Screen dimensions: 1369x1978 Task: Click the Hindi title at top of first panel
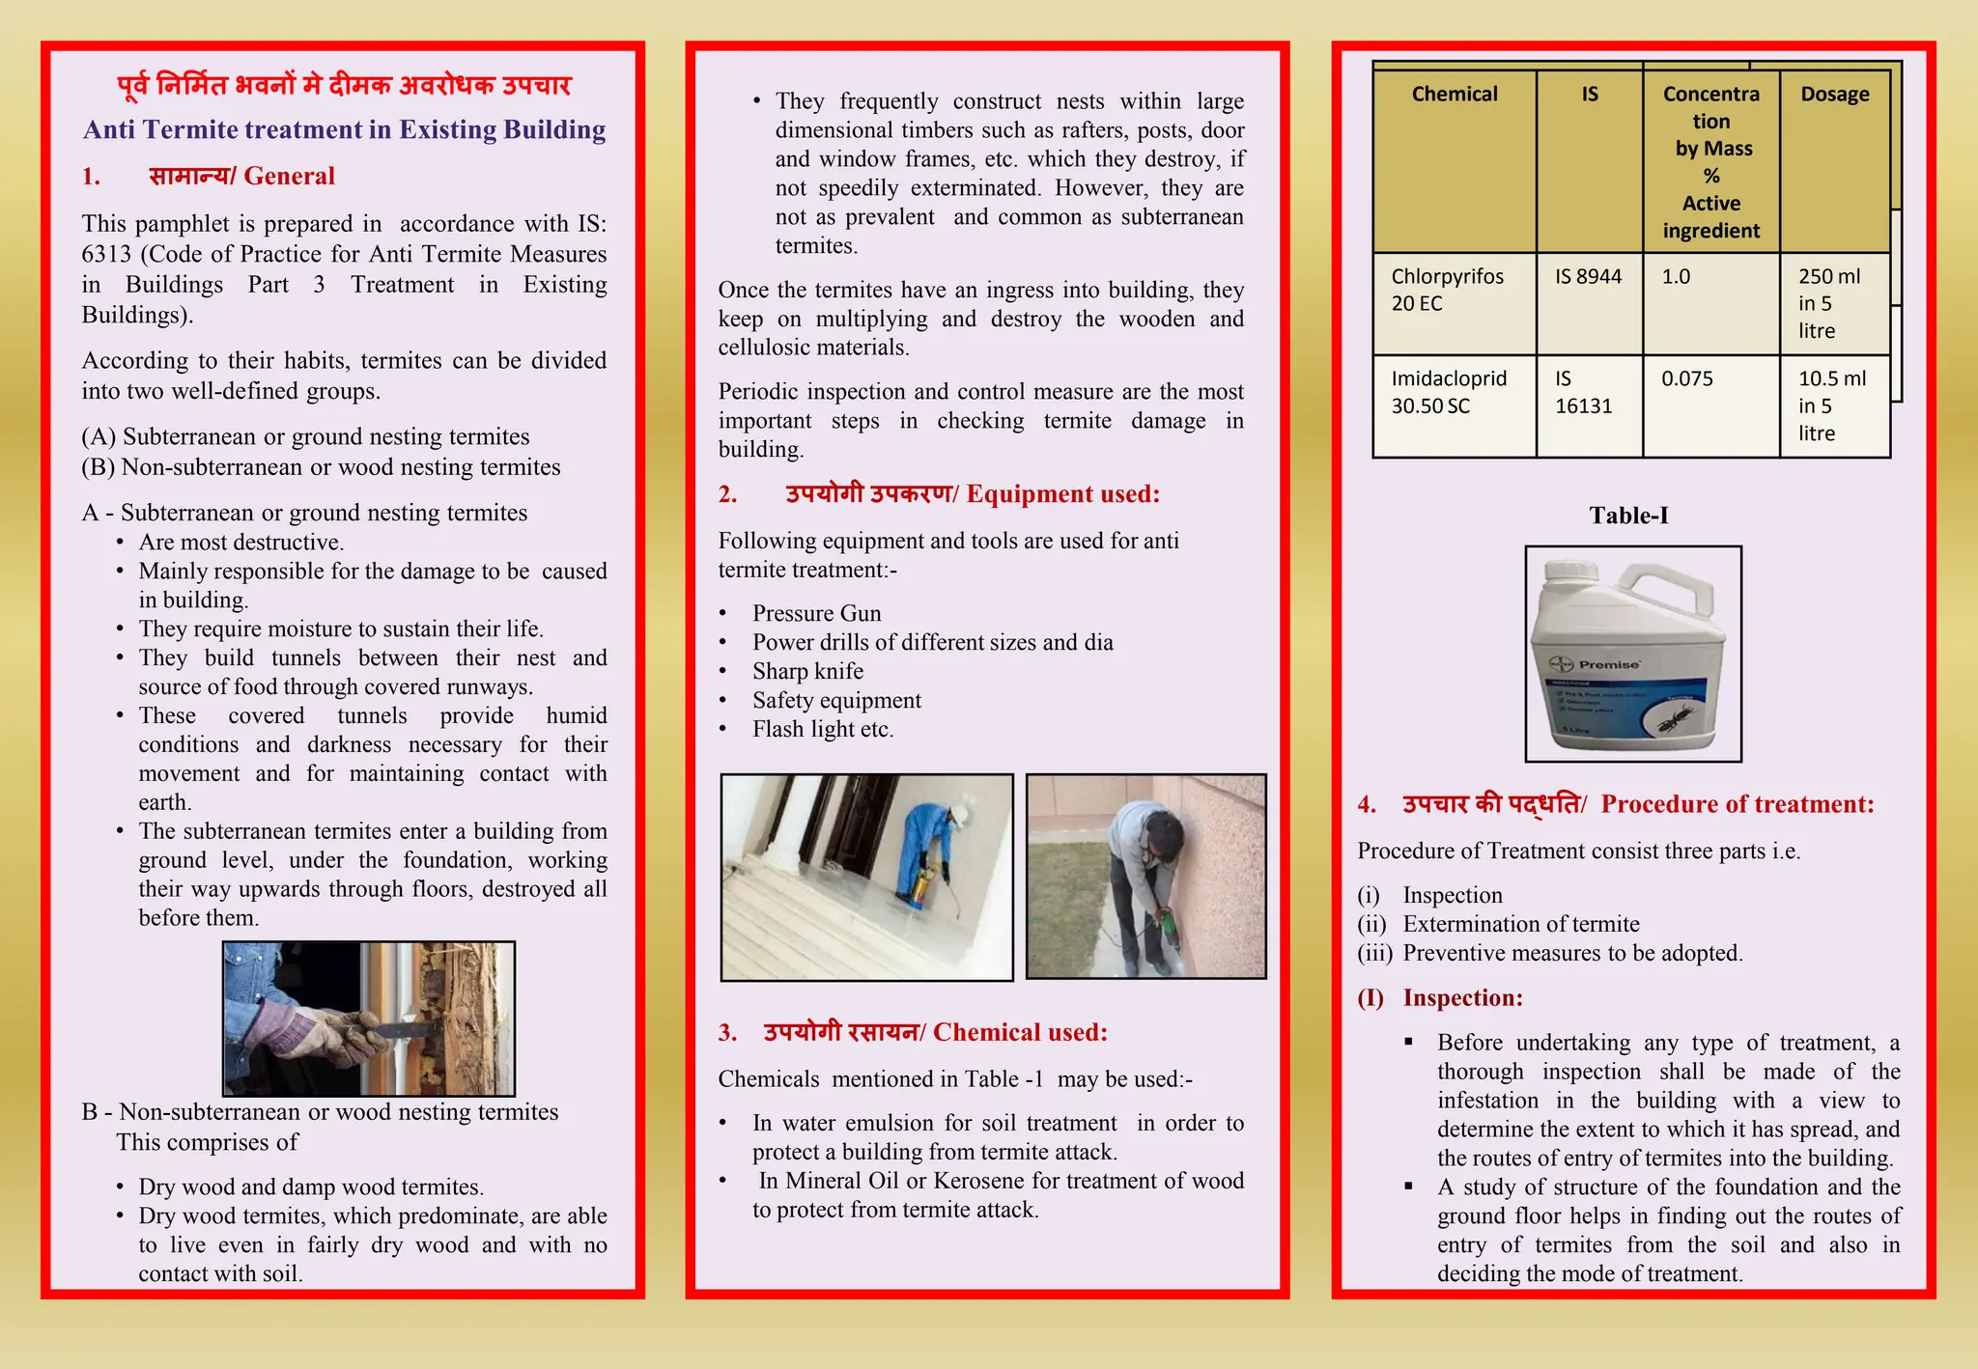coord(344,86)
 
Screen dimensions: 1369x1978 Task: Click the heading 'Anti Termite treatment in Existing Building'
coord(344,129)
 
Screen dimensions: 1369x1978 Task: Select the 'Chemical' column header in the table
coord(1455,95)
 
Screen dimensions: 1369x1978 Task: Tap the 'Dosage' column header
coord(1834,95)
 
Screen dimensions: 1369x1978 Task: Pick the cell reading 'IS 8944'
coord(1588,277)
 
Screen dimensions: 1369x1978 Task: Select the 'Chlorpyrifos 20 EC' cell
coord(1447,290)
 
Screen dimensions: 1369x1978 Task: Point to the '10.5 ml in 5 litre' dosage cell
coord(1831,405)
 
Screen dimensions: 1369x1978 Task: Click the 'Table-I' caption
coord(1628,516)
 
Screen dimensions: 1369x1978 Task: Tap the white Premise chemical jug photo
coord(1632,655)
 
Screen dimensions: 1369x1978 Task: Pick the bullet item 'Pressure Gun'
coord(816,614)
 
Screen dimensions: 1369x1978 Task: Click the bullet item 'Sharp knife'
coord(807,672)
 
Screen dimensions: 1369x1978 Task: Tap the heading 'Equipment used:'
coord(1062,494)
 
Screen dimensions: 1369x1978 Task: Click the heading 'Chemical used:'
coord(1019,1033)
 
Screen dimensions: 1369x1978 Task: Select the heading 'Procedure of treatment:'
coord(1737,804)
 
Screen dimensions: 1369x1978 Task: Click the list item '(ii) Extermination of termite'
coord(1520,925)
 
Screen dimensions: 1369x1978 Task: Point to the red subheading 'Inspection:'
coord(1462,998)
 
